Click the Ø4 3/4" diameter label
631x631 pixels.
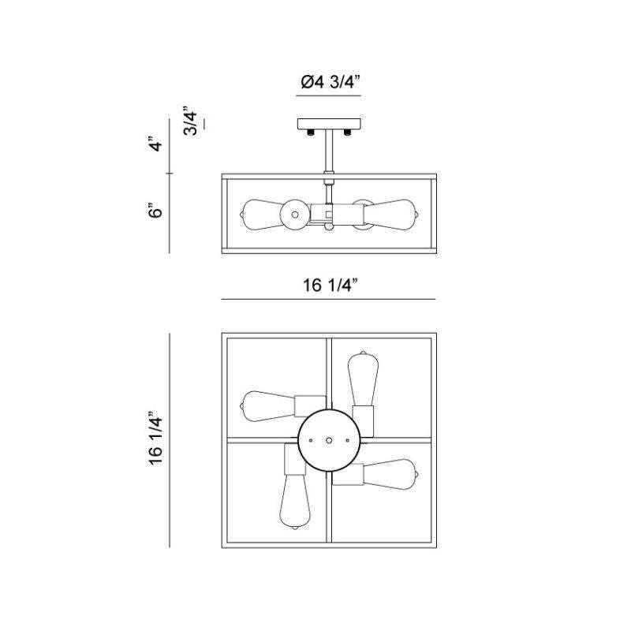tap(330, 80)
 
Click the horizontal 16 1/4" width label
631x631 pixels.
tap(329, 285)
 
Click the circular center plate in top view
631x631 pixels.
tap(330, 440)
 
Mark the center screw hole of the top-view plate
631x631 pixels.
tap(330, 440)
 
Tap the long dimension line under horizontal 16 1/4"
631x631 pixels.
tap(329, 300)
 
